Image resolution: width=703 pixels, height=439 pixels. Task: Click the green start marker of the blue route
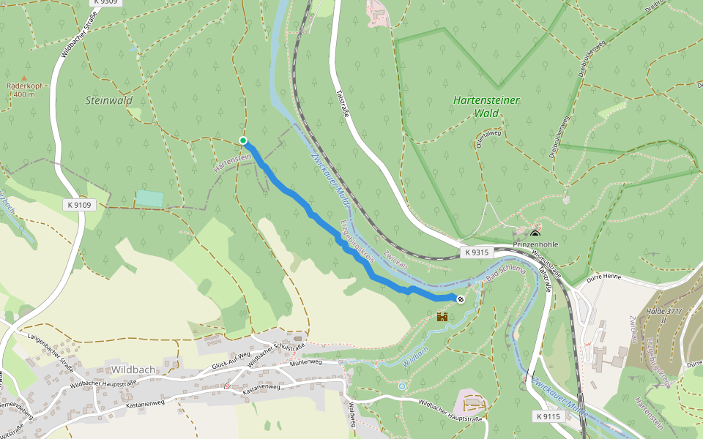[243, 140]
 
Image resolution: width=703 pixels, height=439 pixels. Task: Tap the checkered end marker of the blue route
[461, 299]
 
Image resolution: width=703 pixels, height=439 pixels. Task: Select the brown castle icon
[442, 316]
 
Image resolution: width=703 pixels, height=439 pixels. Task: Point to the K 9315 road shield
[475, 252]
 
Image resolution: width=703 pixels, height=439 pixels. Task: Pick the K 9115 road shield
[548, 416]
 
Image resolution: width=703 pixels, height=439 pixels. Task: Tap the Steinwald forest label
[108, 100]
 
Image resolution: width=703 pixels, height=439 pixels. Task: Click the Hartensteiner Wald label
[486, 106]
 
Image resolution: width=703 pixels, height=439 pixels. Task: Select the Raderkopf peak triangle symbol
[23, 78]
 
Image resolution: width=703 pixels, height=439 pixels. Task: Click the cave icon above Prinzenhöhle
[535, 233]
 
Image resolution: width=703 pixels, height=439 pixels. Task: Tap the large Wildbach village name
[133, 369]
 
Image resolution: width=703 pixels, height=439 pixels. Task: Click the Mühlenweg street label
[305, 362]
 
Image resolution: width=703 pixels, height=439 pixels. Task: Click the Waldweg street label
[352, 414]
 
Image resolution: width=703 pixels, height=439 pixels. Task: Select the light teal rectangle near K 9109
[150, 198]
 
